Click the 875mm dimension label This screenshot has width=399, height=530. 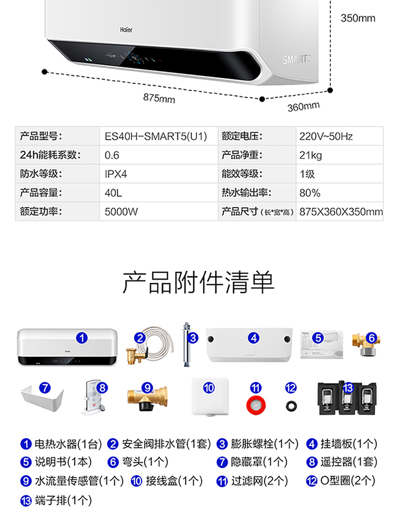point(159,98)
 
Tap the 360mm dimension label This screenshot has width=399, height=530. point(303,106)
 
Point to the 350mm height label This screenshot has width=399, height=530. point(358,18)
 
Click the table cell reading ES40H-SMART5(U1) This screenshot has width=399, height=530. point(156,136)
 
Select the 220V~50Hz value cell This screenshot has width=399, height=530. point(326,136)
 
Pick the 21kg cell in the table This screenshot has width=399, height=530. point(311,155)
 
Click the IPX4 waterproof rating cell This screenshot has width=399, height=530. point(115,174)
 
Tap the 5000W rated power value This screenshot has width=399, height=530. point(121,212)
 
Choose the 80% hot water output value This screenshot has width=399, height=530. point(310,193)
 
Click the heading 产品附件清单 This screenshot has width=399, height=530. point(198,282)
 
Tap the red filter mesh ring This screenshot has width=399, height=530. point(256,405)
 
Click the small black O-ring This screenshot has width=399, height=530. point(291,405)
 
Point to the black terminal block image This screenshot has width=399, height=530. point(347,398)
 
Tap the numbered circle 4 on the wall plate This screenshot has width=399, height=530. point(253,338)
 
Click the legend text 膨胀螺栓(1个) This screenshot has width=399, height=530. point(264,444)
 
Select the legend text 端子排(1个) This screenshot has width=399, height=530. point(63,500)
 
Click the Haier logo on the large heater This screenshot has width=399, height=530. point(126,30)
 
